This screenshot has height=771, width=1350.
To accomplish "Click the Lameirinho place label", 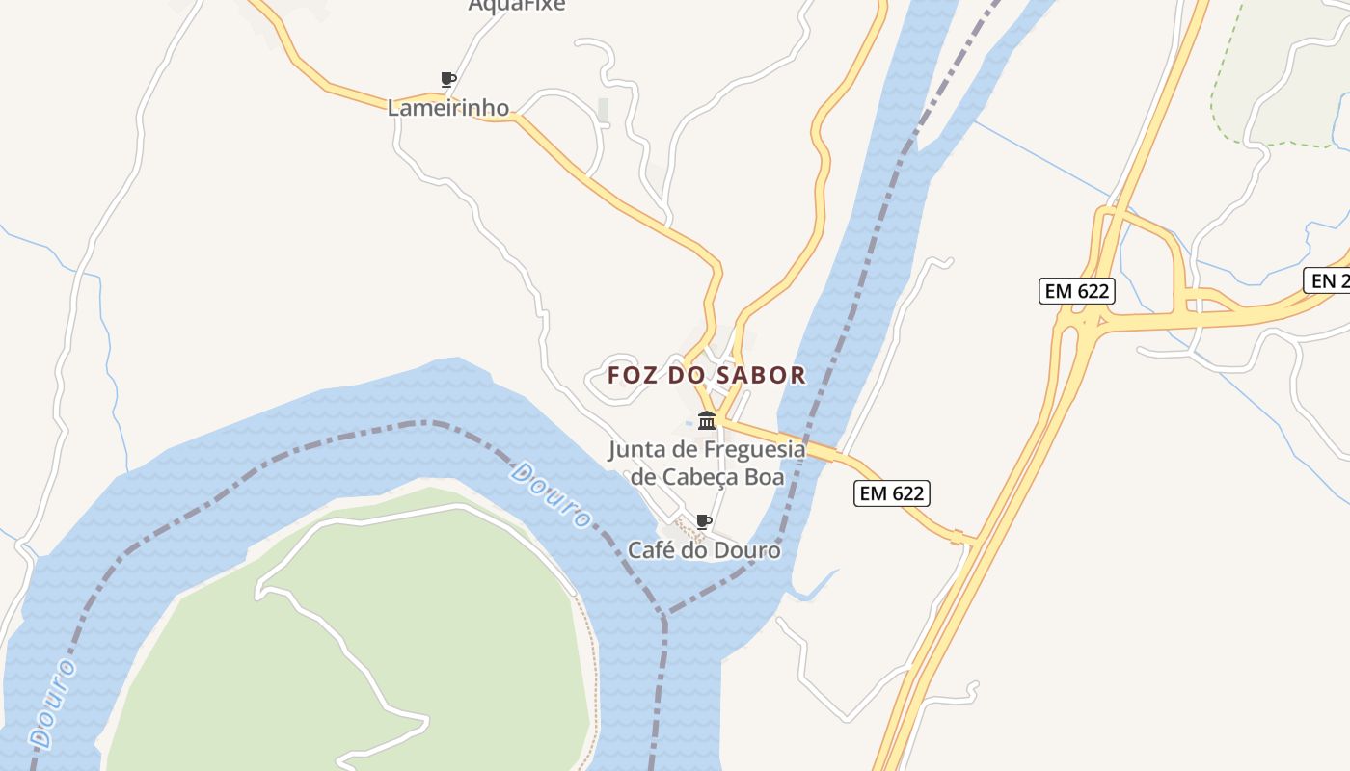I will click(x=448, y=108).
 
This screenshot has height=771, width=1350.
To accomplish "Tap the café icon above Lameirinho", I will click(x=447, y=79).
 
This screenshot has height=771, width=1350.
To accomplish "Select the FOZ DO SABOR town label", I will click(x=707, y=375).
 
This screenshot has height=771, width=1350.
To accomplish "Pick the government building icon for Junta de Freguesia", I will click(x=707, y=421).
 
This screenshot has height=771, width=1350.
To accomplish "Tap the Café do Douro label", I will click(x=704, y=550).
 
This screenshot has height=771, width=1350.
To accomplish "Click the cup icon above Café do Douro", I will click(x=704, y=522).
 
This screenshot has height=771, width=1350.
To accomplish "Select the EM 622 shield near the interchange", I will click(x=1076, y=291).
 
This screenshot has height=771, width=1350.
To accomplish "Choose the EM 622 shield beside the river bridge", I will click(x=892, y=493).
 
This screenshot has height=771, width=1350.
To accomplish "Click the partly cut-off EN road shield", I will click(x=1329, y=280).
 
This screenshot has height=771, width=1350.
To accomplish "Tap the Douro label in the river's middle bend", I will click(x=551, y=494).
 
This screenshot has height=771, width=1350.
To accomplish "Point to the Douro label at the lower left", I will click(x=54, y=703).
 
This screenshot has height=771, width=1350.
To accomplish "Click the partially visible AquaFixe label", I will click(x=516, y=6).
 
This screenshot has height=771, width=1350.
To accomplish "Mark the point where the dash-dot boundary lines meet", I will click(x=664, y=613).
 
